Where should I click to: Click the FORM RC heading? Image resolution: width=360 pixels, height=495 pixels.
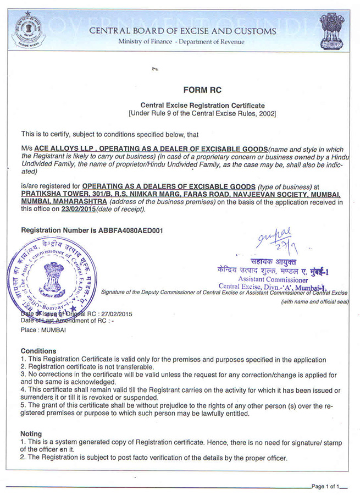pos(202,90)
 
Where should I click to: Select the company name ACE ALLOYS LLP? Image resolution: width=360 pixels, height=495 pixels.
pos(64,149)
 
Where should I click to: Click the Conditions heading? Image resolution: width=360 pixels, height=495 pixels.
pos(38,351)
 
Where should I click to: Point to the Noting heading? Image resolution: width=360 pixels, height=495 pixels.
pos(31,434)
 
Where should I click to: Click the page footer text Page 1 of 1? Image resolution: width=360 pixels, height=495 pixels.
pos(328,486)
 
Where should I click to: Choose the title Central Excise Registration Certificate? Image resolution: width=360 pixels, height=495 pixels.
pos(202,105)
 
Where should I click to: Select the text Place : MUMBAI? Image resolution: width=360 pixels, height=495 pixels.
pos(43,330)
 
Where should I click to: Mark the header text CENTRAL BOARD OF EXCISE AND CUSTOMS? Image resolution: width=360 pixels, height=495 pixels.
pos(182,31)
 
